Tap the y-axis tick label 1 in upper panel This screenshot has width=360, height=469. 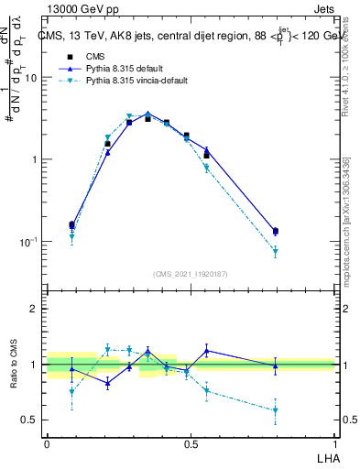click(x=36, y=159)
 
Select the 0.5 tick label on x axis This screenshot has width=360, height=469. click(x=191, y=443)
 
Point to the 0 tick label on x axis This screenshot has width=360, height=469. click(x=47, y=443)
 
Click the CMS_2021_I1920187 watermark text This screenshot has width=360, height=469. click(x=190, y=274)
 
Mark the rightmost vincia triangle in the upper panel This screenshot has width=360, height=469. click(x=275, y=251)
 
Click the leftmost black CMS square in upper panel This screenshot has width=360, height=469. click(x=71, y=224)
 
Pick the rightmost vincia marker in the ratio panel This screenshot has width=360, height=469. click(x=275, y=410)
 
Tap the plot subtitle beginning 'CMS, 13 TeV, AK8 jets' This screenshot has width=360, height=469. click(x=192, y=37)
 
